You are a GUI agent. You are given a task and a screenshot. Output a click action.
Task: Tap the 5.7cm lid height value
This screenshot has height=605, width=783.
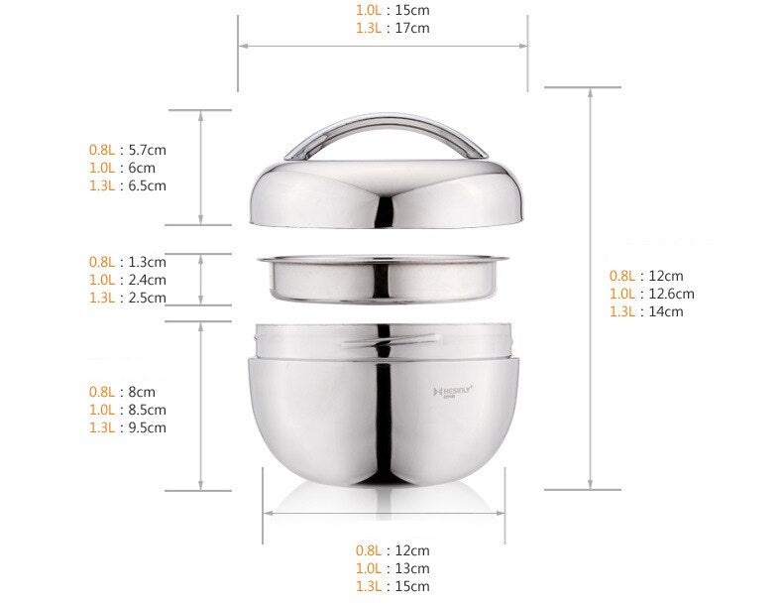tap(148, 150)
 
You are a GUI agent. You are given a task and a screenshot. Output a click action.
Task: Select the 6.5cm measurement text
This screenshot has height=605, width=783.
tap(148, 185)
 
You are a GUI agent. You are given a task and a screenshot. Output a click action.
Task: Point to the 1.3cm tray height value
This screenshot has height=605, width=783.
tap(148, 262)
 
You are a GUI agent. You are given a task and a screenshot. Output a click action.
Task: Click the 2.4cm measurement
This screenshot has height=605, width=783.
tap(148, 280)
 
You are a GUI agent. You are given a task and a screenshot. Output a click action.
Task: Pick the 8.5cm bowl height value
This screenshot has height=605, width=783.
tap(148, 410)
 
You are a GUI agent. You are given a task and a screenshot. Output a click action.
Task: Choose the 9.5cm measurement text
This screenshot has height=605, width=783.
tap(148, 427)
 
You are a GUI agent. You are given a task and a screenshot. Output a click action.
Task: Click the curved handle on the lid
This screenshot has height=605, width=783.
tap(386, 127)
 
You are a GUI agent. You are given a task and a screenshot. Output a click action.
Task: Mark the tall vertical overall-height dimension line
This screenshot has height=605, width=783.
tap(591, 288)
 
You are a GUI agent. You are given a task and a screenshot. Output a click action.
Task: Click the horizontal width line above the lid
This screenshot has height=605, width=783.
tap(383, 46)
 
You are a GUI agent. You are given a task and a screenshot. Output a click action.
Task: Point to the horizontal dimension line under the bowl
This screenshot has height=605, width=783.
tap(383, 513)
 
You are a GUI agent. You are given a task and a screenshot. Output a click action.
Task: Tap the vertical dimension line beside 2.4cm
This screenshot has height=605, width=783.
tap(202, 280)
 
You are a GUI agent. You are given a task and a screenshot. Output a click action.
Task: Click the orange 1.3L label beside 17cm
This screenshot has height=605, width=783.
tap(368, 28)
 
